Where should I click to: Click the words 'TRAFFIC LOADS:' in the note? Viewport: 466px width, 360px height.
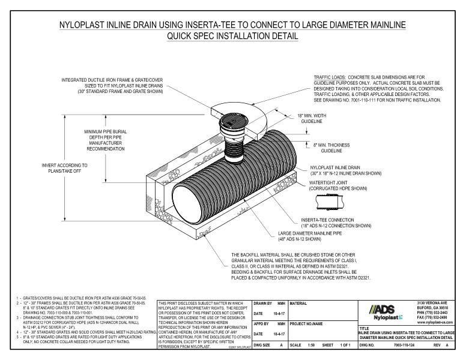(x=331, y=77)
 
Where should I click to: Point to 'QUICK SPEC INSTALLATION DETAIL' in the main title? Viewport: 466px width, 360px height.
(x=232, y=36)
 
